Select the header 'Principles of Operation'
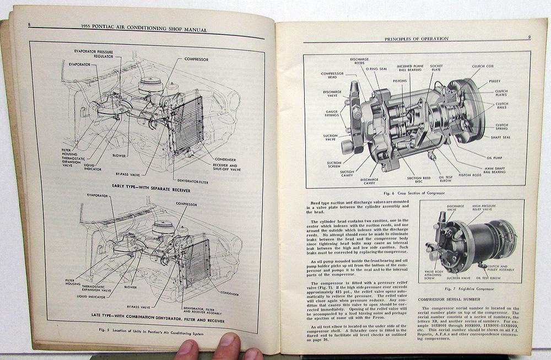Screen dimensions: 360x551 tap(415, 39)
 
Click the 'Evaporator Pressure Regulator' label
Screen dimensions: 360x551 tap(94, 53)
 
